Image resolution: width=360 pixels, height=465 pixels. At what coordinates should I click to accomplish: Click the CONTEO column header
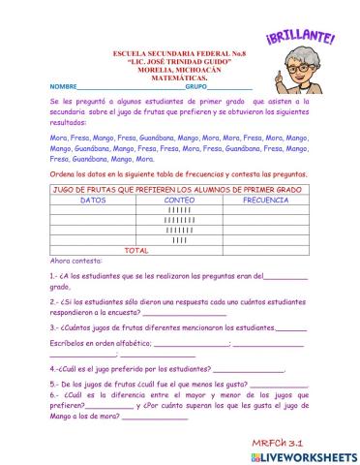point(180,200)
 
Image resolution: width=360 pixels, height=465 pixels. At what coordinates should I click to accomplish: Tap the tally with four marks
point(180,239)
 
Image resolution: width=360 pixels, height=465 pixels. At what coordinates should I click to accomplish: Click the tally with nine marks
point(180,220)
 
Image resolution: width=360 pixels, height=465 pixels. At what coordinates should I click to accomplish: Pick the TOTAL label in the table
point(137,250)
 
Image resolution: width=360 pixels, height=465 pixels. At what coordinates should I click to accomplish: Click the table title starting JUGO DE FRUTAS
point(180,189)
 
